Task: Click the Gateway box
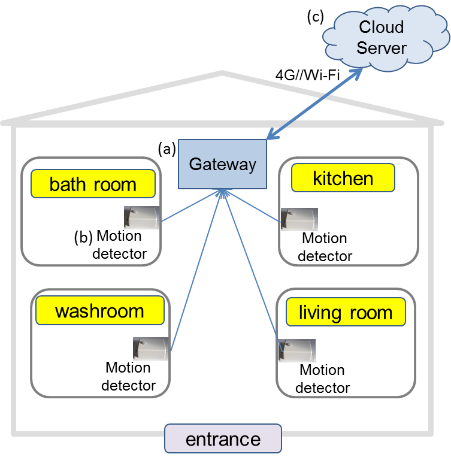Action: (x=222, y=164)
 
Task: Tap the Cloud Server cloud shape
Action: (x=382, y=37)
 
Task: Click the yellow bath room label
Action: (x=93, y=184)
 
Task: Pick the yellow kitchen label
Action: (x=343, y=178)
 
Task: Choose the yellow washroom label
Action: (x=99, y=311)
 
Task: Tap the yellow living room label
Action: (x=345, y=312)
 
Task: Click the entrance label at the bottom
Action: (x=223, y=439)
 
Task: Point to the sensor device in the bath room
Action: (x=142, y=217)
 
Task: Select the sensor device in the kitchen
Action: (x=299, y=219)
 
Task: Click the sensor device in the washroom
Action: (x=150, y=349)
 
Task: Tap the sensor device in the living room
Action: (x=297, y=350)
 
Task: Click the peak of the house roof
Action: (x=223, y=73)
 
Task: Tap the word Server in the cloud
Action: (x=382, y=47)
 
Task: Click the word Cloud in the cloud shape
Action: (x=382, y=27)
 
